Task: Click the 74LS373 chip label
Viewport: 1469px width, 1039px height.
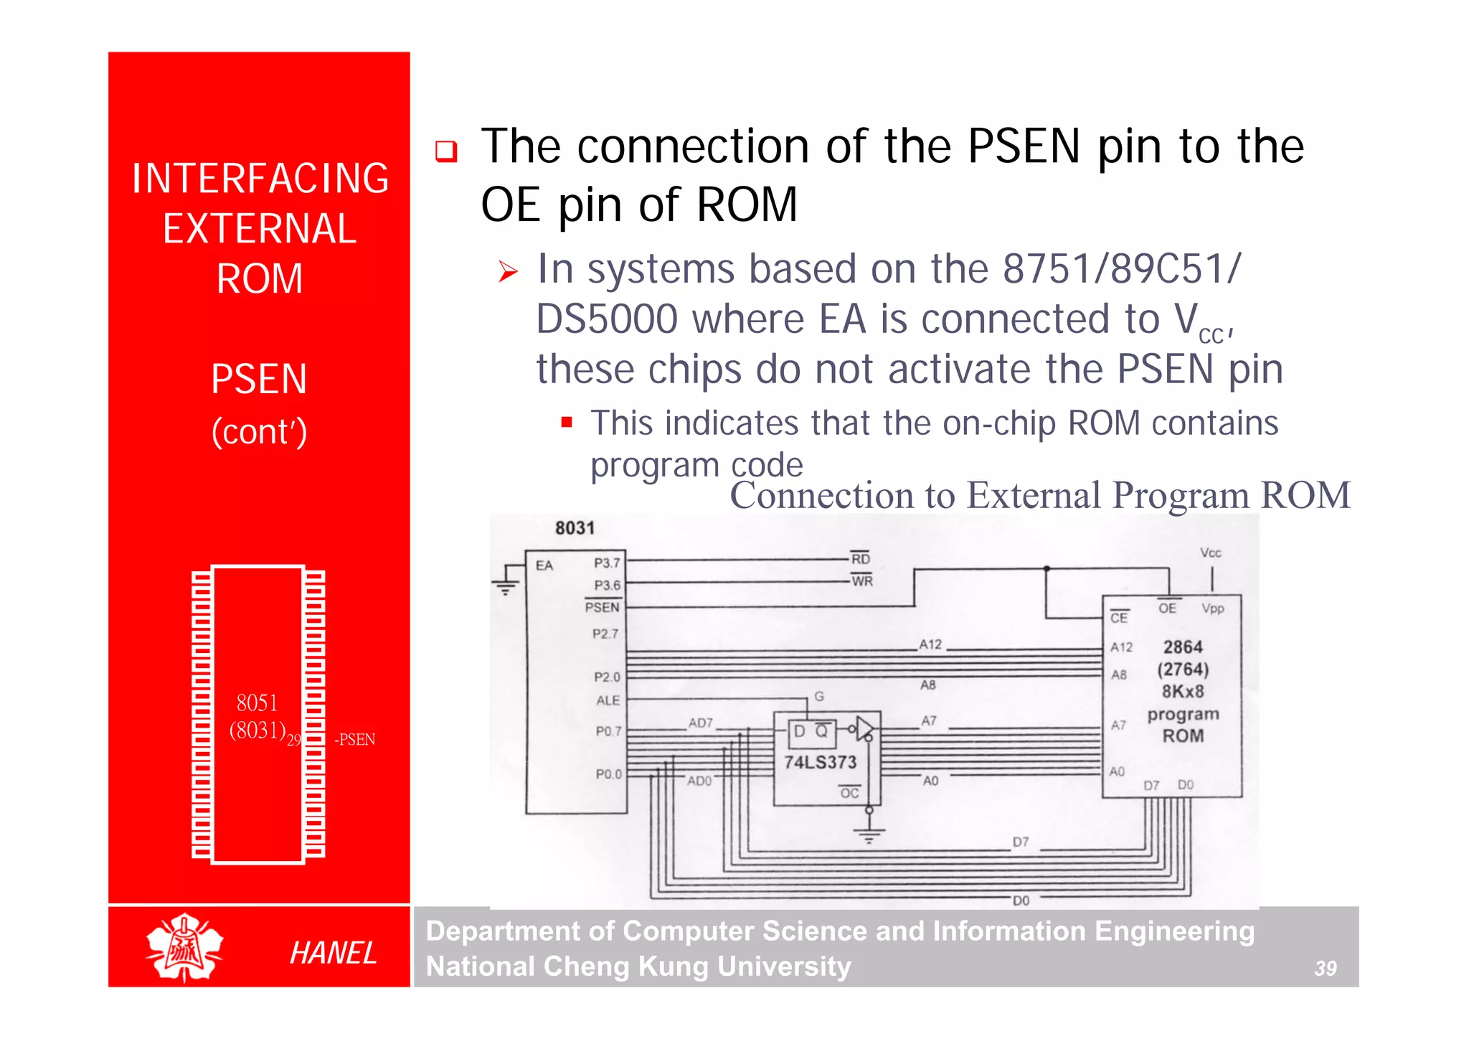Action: point(820,762)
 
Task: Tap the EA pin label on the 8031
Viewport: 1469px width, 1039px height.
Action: point(544,565)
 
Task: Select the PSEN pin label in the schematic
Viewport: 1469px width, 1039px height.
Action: point(602,607)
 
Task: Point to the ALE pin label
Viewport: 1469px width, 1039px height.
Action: point(608,700)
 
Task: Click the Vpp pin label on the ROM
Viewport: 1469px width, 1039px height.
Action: point(1213,608)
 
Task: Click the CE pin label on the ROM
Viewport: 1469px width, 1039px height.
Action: point(1119,617)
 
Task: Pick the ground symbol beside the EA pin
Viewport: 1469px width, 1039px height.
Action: point(505,587)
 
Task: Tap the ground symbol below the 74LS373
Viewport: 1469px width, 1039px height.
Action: point(869,835)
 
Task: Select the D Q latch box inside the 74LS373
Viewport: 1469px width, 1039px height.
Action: point(811,731)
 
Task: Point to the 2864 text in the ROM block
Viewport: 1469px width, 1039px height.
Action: point(1183,647)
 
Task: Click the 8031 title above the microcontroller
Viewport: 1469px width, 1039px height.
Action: point(575,528)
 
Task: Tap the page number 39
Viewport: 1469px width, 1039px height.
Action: point(1325,969)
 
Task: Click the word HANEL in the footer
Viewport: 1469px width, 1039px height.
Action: point(333,953)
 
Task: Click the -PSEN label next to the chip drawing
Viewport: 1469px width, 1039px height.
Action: point(354,740)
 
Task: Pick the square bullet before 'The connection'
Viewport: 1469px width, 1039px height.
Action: point(446,151)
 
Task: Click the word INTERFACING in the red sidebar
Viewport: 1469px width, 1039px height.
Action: point(260,179)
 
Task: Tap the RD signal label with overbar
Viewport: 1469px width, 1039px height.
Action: point(860,558)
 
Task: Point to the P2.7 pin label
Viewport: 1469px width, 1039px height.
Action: point(605,634)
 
